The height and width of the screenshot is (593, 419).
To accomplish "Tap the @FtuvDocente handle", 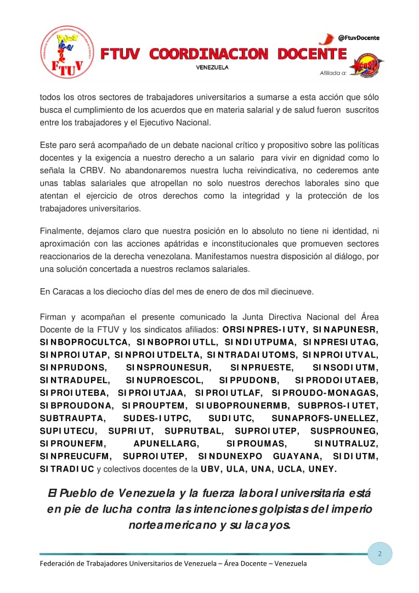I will (x=359, y=37).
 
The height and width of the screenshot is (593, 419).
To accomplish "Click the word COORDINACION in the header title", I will (x=209, y=54).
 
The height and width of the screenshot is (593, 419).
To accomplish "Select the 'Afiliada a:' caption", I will (x=333, y=72).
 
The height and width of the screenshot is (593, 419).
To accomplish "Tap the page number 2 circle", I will (x=380, y=553).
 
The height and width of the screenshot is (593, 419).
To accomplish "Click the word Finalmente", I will (x=62, y=231).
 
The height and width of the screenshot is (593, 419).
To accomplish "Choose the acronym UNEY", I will (x=323, y=468).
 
